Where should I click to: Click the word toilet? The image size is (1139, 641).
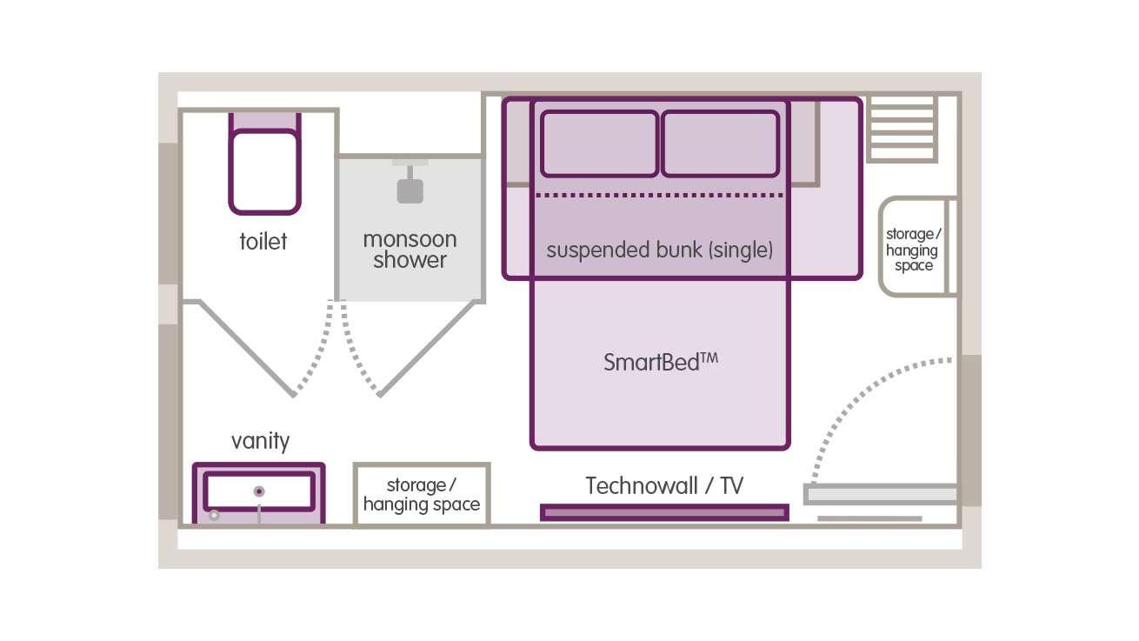263,241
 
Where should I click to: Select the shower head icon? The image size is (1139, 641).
410,189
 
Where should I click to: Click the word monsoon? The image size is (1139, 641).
410,238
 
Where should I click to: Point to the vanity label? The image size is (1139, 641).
260,441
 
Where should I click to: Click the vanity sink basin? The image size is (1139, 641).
259,492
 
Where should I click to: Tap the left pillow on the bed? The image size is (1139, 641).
599,144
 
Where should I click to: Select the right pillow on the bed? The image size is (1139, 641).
720,144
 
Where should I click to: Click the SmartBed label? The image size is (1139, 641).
661,362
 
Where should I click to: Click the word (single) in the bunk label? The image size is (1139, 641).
741,250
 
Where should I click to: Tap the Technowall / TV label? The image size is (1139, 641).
664,485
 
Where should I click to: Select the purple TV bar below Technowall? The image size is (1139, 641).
664,513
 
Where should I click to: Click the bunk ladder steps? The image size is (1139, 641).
903,129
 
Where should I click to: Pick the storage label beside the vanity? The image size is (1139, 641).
421,494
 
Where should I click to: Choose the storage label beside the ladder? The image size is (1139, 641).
913,250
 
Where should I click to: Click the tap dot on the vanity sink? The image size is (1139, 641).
258,491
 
